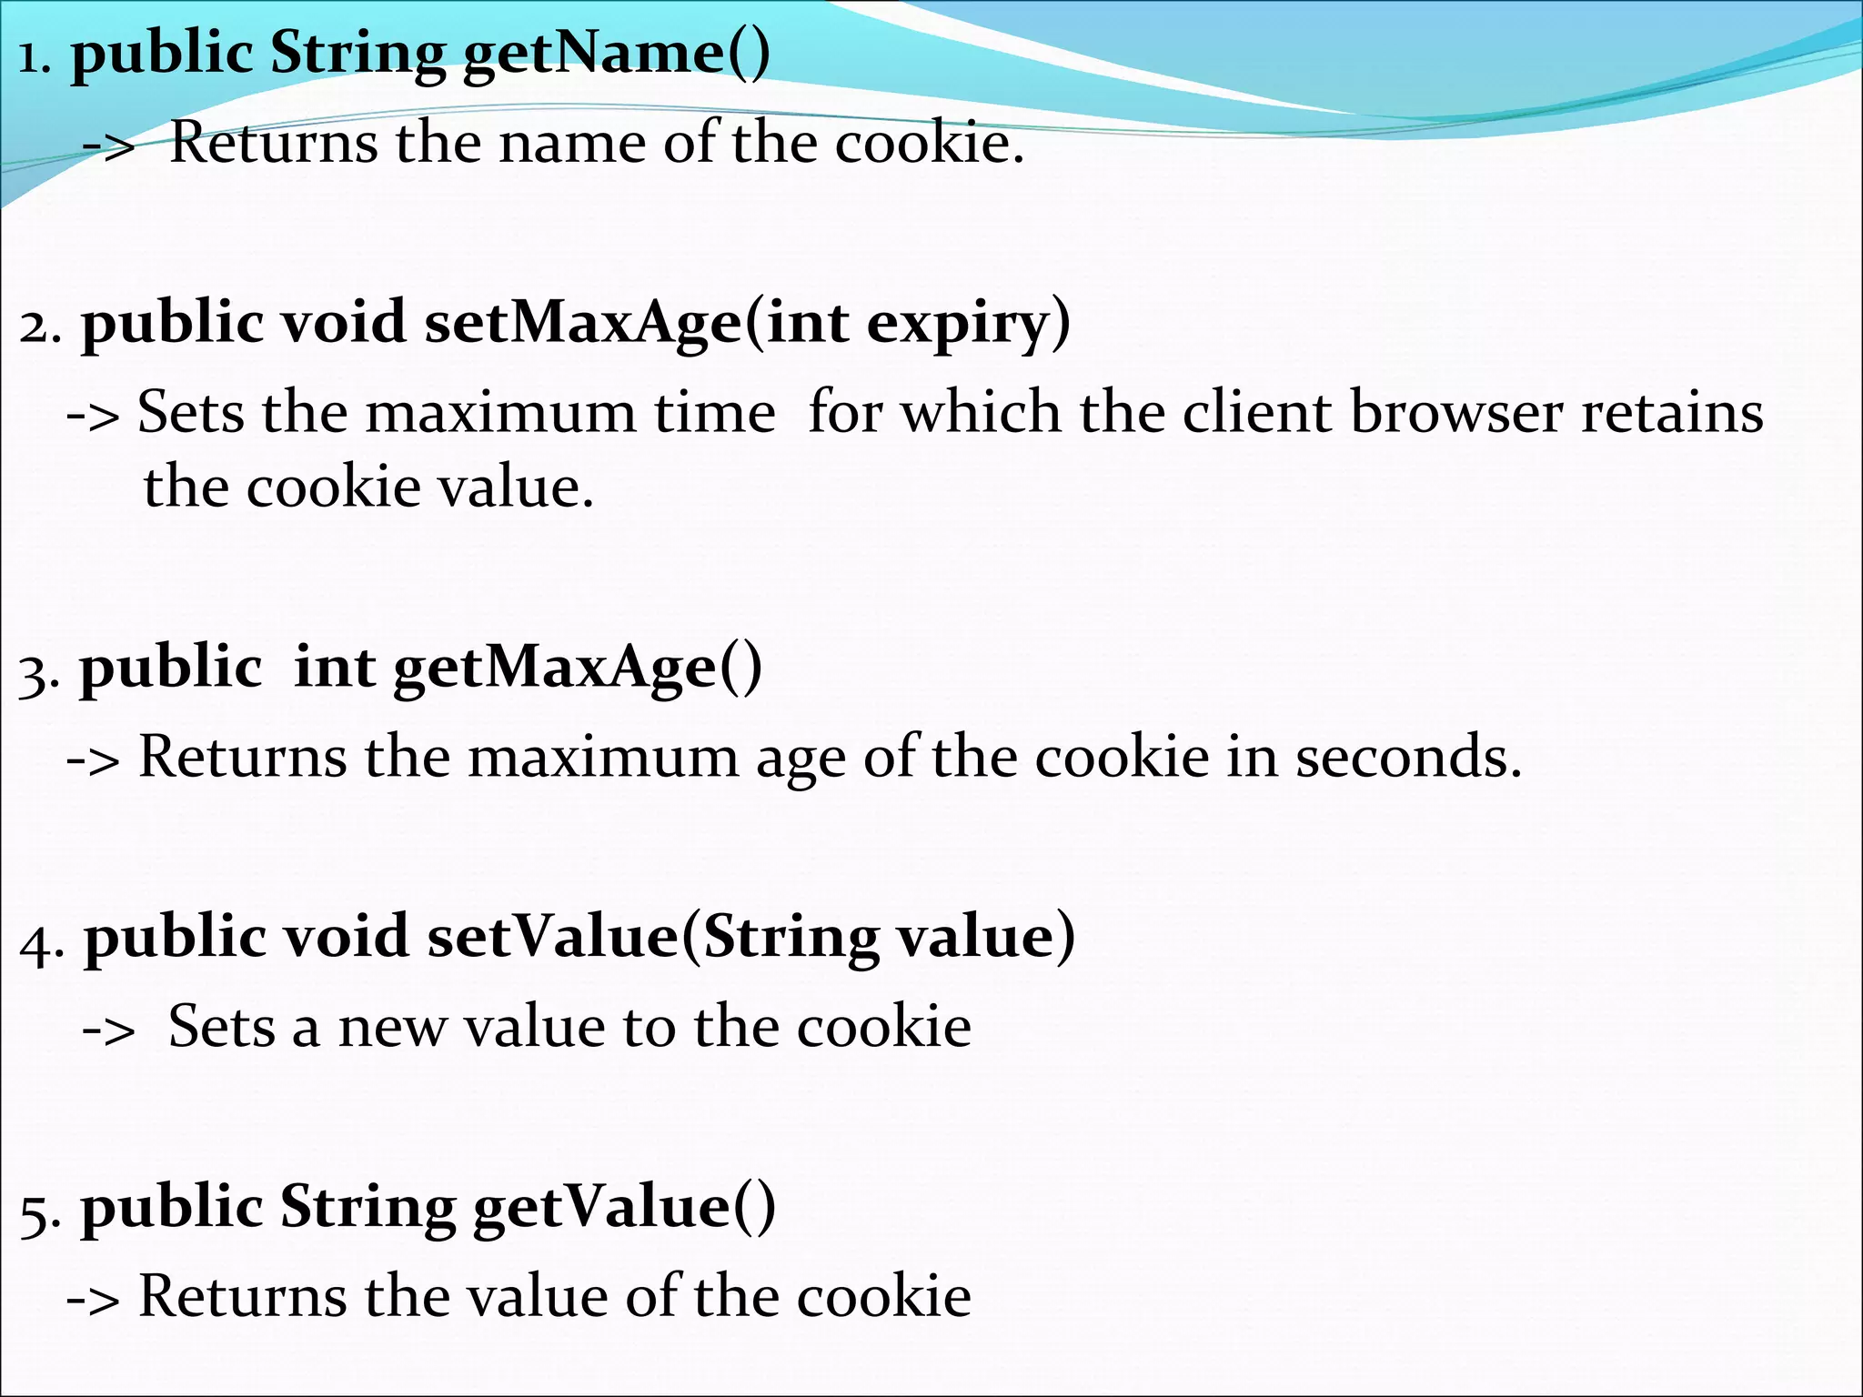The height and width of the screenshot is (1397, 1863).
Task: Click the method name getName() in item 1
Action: [x=617, y=53]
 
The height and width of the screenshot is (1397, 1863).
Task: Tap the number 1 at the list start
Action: [x=32, y=59]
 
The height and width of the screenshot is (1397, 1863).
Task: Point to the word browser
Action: [x=1456, y=413]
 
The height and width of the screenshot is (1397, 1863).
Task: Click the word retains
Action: [x=1673, y=413]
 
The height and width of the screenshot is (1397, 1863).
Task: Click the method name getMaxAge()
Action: [x=578, y=668]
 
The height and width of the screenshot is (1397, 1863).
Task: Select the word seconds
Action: [x=1408, y=757]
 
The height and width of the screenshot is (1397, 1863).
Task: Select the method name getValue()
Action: [x=624, y=1209]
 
